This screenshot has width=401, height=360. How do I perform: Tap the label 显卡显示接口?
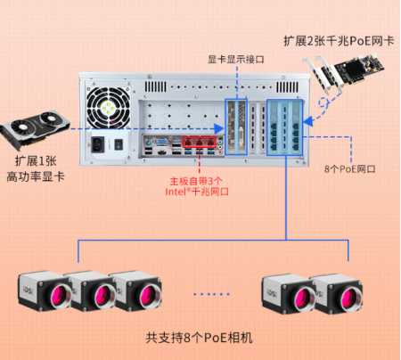(236, 59)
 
